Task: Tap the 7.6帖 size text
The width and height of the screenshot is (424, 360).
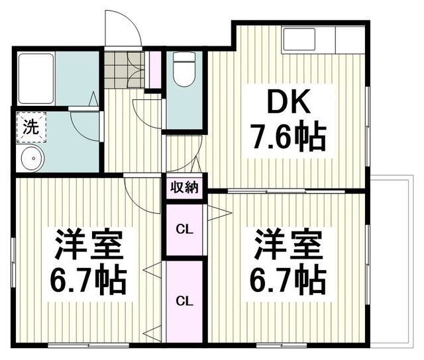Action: pos(287,138)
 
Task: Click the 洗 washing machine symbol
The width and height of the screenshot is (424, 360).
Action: pos(30,126)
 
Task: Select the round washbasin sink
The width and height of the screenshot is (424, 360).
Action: pos(31,157)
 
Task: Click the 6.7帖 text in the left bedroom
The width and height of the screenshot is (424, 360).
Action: pos(87,281)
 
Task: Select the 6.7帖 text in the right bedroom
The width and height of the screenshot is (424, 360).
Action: pos(286,281)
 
